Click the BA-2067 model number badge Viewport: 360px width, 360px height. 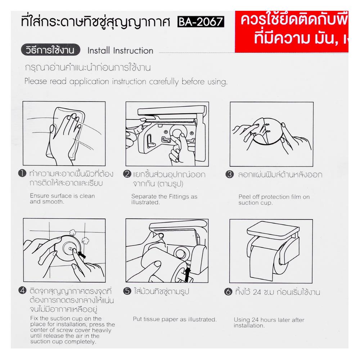click(201, 23)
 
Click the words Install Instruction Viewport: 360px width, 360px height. click(120, 51)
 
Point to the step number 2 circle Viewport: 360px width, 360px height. click(126, 175)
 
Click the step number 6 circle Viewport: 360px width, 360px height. click(228, 292)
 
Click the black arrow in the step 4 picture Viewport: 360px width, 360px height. click(82, 255)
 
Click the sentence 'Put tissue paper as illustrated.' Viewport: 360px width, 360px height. click(175, 319)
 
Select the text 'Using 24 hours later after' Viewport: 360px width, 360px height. click(269, 320)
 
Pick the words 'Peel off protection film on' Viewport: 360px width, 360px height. click(274, 197)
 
